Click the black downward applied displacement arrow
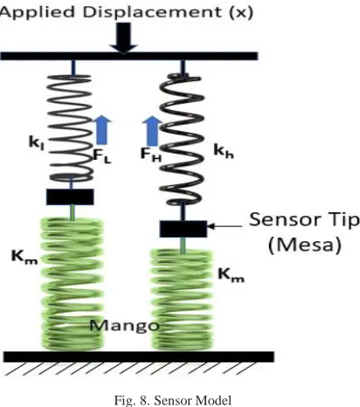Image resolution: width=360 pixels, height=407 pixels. tap(123, 38)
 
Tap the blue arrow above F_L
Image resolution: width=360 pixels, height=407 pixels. tap(101, 130)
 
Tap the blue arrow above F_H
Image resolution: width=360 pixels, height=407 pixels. tap(152, 131)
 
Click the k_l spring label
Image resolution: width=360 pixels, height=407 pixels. tap(37, 143)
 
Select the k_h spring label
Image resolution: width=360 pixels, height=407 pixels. tap(224, 151)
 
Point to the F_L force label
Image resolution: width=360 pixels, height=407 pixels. tap(102, 155)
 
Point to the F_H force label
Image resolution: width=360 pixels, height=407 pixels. tap(151, 155)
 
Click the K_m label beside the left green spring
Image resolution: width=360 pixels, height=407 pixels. tap(24, 257)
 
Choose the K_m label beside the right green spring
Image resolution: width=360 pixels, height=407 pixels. tap(232, 275)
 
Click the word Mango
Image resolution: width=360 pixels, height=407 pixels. tap(125, 326)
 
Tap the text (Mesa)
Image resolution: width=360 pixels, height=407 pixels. tap(304, 245)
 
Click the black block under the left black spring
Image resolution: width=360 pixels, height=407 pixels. tap(70, 197)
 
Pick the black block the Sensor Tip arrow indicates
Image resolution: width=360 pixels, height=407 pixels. tap(183, 229)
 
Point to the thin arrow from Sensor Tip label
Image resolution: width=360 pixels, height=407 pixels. tap(225, 226)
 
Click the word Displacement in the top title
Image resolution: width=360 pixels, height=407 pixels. tap(153, 12)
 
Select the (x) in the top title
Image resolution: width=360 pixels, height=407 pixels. tap(241, 13)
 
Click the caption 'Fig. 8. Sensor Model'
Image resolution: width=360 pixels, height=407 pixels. tap(173, 401)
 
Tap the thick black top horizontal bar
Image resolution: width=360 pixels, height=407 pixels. tap(129, 56)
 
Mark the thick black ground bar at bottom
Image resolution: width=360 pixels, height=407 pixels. tap(139, 357)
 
